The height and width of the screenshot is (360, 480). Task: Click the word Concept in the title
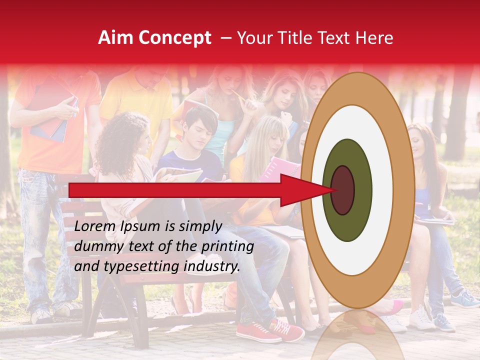(x=174, y=38)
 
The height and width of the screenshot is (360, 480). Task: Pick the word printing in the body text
(x=227, y=246)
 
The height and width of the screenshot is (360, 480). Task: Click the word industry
(x=211, y=266)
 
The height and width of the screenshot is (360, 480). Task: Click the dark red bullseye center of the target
(x=343, y=190)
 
